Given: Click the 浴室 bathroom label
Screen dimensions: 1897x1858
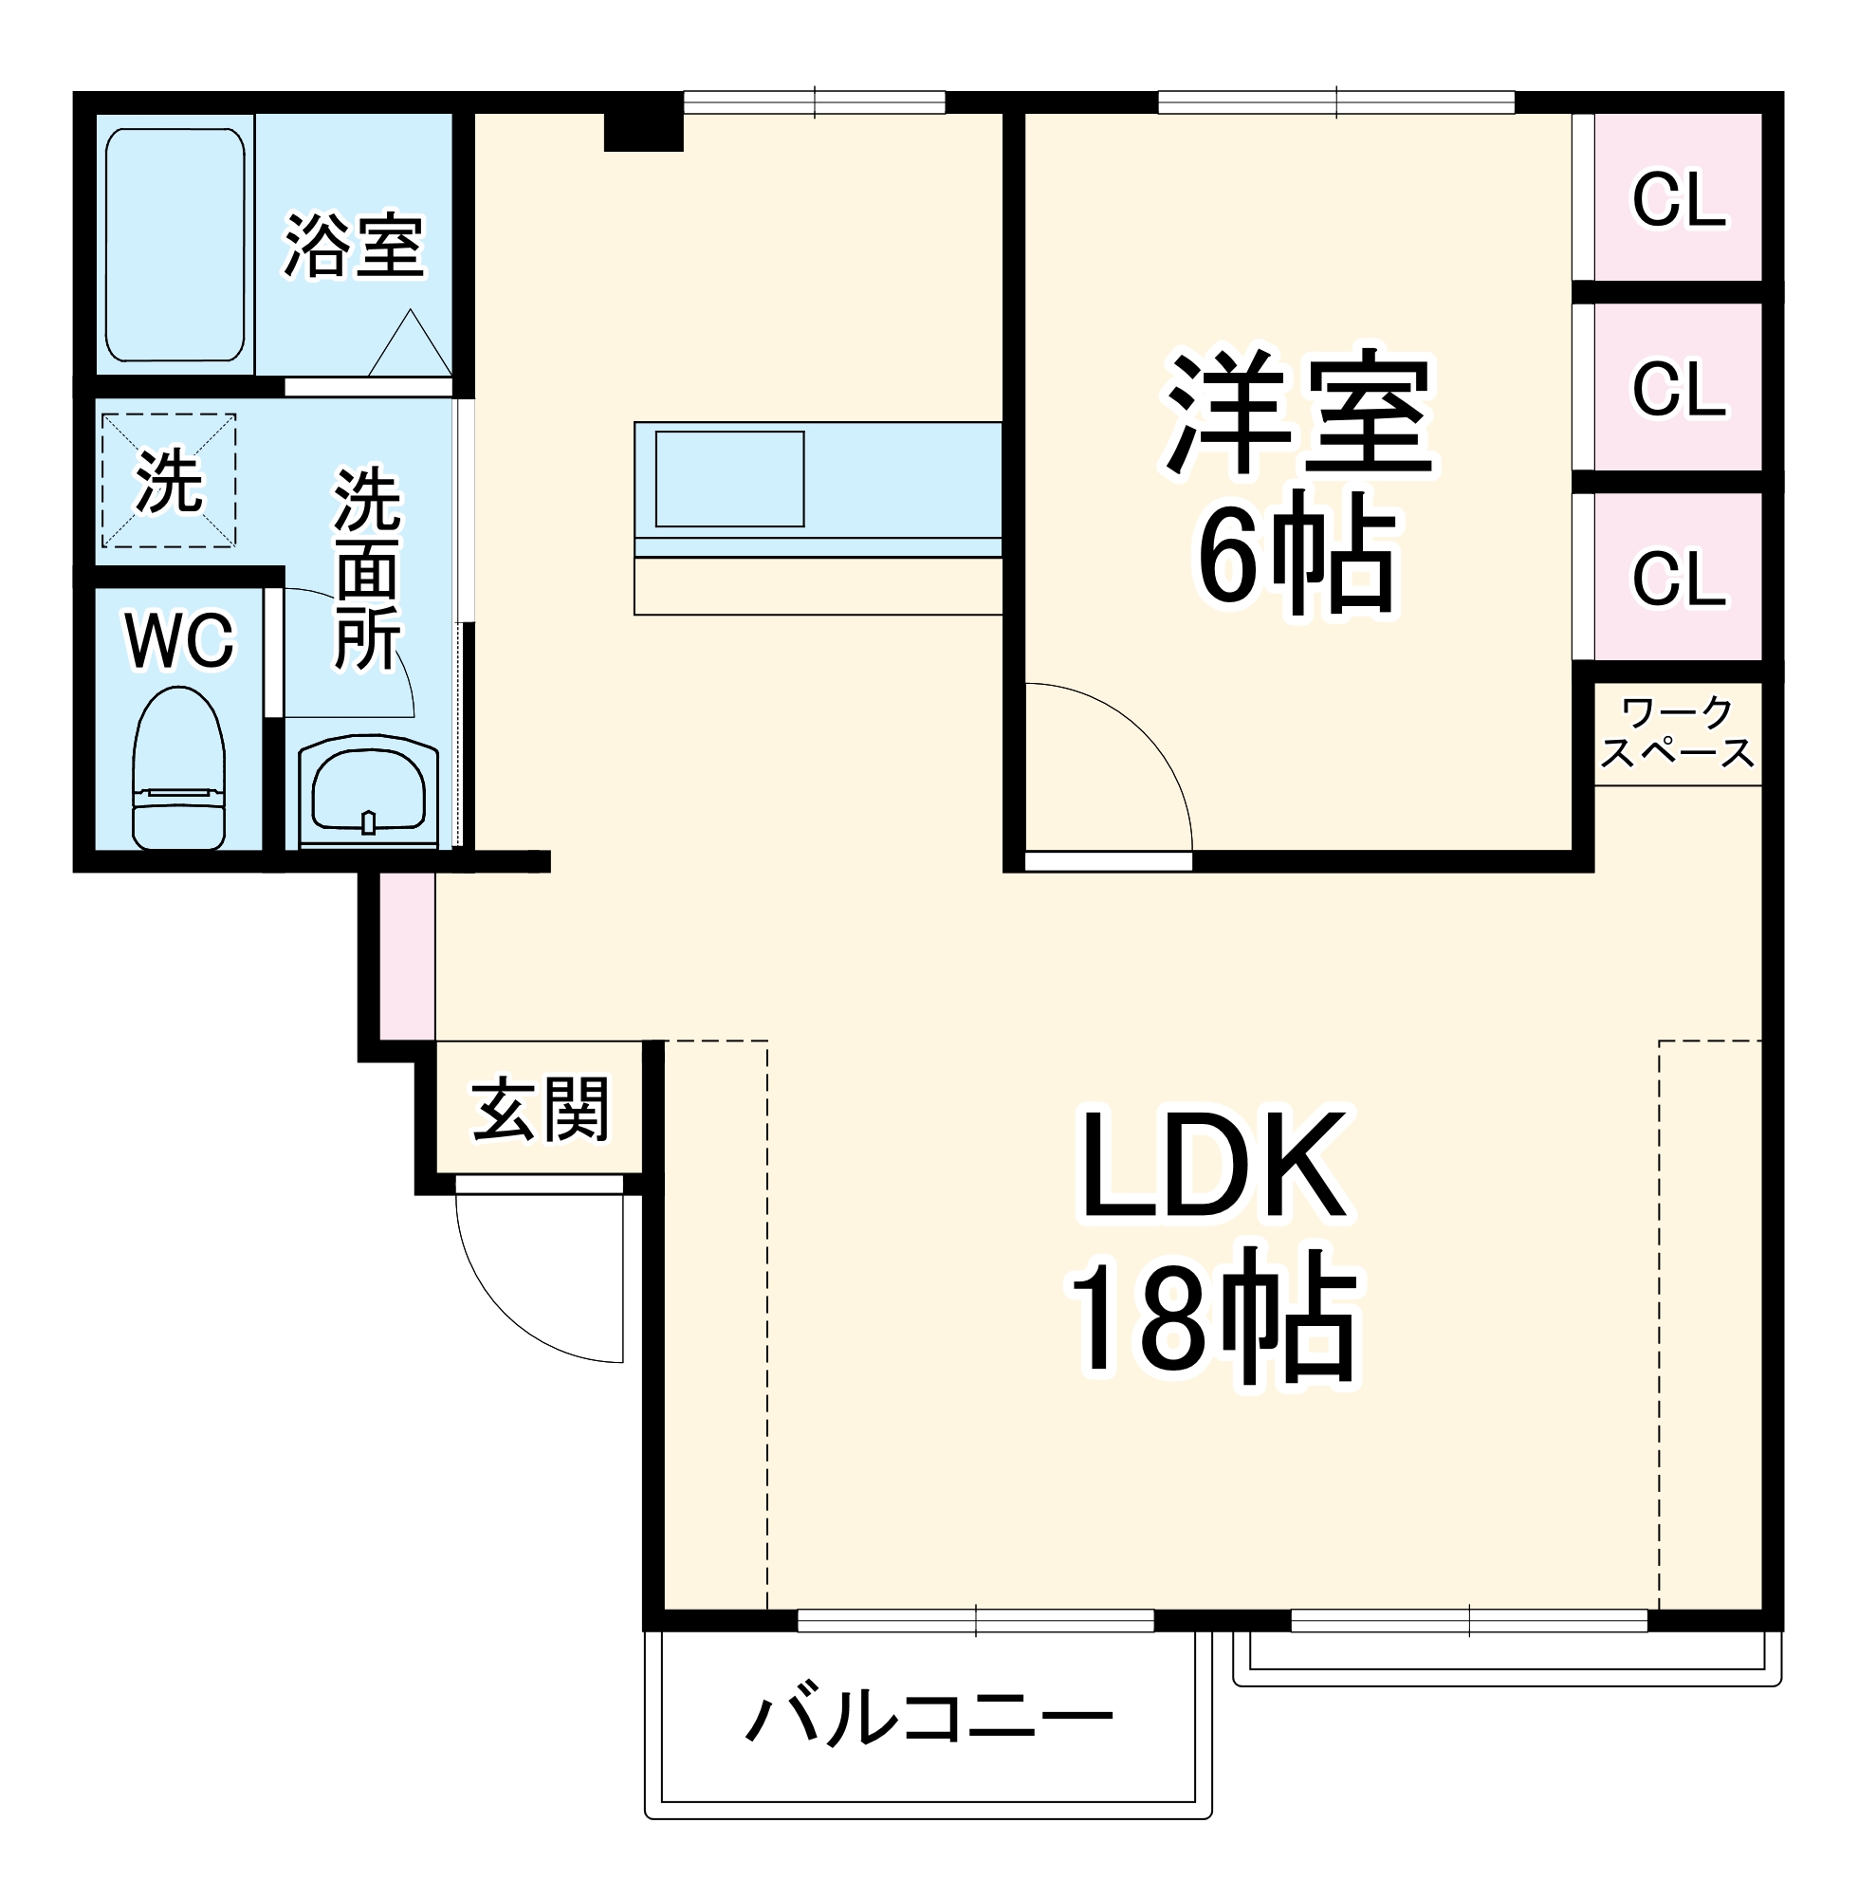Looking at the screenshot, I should tap(354, 245).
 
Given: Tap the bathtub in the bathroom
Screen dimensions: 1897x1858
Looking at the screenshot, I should tap(175, 244).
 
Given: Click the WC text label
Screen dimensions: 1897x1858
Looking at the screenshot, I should tap(179, 641).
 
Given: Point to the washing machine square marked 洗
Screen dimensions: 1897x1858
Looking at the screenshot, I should tap(169, 481).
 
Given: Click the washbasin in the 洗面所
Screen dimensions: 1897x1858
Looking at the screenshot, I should tap(368, 792).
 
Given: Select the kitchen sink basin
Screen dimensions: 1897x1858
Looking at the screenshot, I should tap(729, 479).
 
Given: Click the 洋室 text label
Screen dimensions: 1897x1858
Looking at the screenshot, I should tap(1298, 414).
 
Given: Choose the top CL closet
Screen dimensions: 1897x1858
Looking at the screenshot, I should tap(1678, 200).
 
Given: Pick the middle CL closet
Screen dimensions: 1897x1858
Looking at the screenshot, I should tap(1678, 388).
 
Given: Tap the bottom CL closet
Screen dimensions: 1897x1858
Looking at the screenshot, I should tap(1678, 578).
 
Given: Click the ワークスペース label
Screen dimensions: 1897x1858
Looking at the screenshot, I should tap(1677, 733).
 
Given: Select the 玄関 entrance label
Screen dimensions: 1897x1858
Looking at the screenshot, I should tap(541, 1109).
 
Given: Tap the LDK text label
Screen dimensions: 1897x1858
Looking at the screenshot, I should tap(1215, 1166).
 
